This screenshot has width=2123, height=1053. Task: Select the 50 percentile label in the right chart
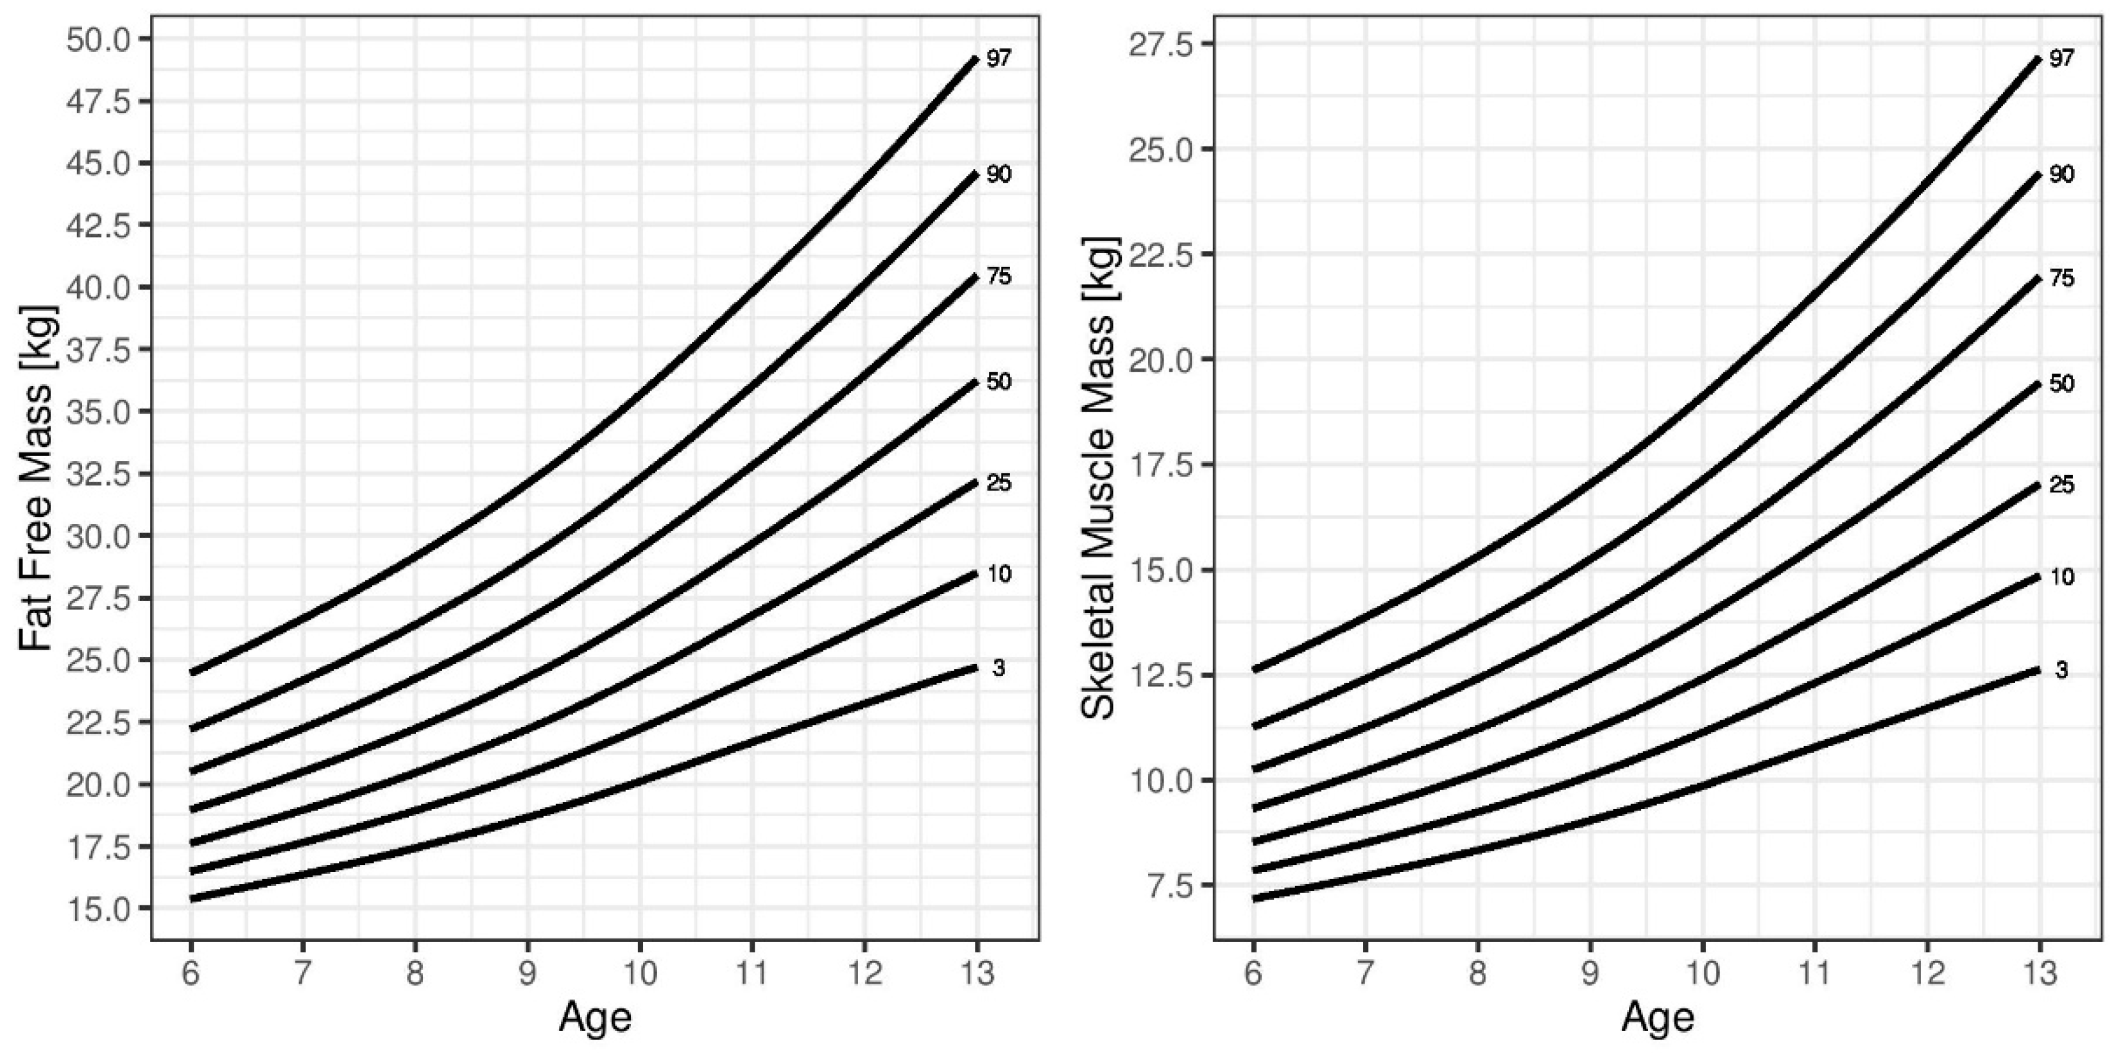point(2061,383)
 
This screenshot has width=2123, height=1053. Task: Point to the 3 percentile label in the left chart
point(998,669)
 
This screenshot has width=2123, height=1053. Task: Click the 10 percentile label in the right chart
point(2061,577)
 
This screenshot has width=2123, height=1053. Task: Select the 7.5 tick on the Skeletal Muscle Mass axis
point(1174,885)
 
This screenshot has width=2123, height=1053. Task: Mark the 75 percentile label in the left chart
point(999,277)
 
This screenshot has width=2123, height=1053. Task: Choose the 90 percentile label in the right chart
point(2061,175)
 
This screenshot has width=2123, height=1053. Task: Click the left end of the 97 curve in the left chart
point(191,673)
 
